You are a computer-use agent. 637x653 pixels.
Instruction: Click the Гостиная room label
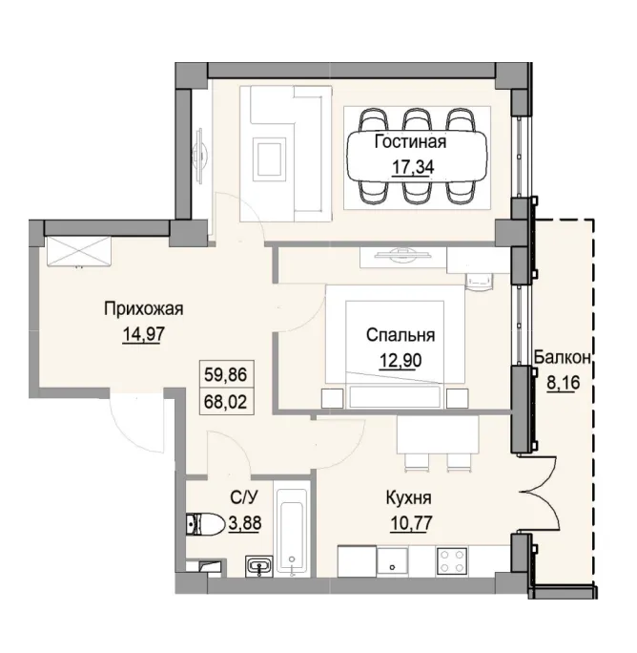point(410,143)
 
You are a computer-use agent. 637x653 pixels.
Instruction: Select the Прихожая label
point(142,308)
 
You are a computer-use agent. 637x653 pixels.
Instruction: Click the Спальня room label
point(401,335)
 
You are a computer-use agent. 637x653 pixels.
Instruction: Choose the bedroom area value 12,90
point(401,360)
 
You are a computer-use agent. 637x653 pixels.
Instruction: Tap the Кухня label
point(410,498)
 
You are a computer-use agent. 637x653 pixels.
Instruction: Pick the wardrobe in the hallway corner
point(77,252)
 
